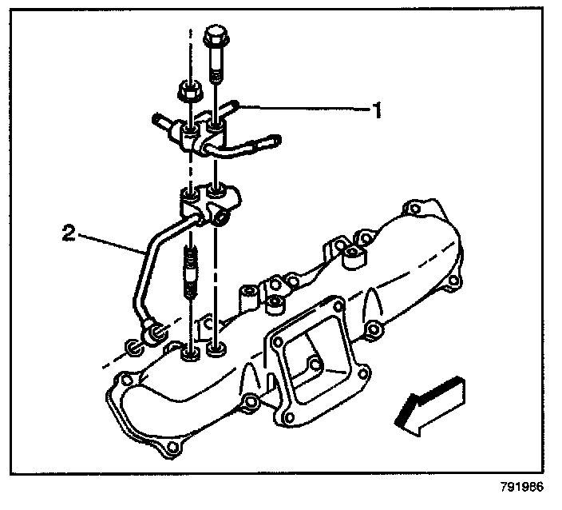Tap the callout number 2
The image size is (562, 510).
(69, 234)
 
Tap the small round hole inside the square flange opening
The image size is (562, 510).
(315, 365)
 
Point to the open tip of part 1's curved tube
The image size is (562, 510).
(273, 141)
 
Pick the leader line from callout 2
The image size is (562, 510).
(112, 243)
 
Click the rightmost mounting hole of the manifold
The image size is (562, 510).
(453, 281)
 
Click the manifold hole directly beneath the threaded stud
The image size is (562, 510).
(191, 353)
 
